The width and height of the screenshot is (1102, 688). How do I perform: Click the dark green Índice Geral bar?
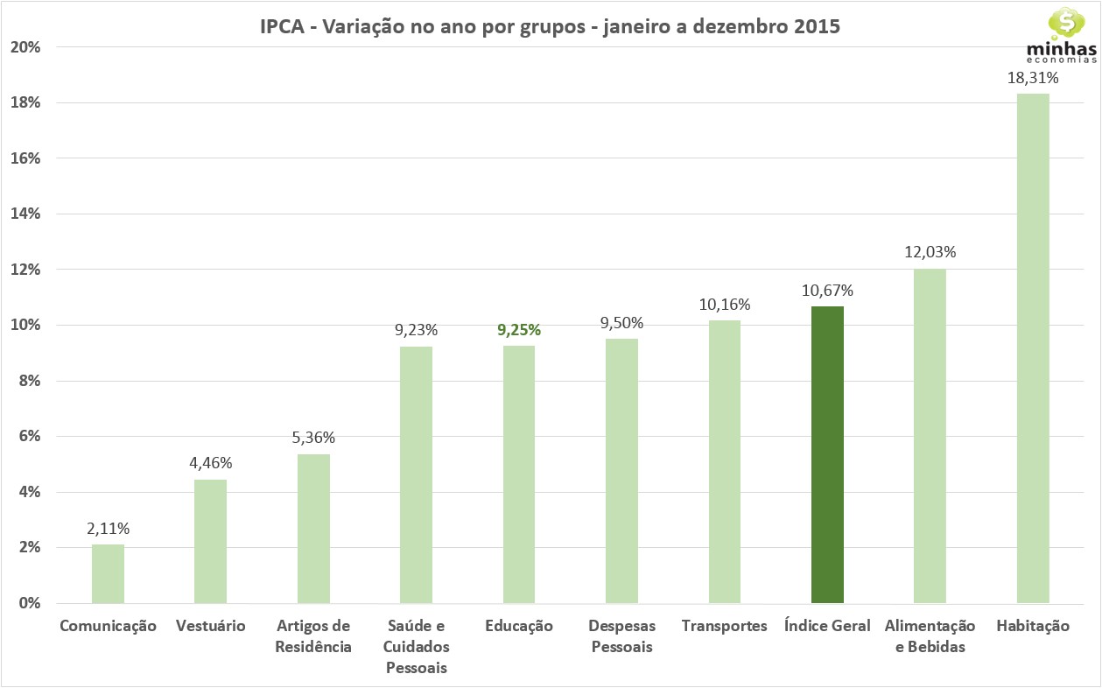pyautogui.click(x=827, y=454)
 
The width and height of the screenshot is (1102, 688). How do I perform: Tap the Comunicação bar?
pyautogui.click(x=109, y=573)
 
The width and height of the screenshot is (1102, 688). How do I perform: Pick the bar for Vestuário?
pyautogui.click(x=211, y=541)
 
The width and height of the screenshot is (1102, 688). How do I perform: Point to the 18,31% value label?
pyautogui.click(x=1033, y=79)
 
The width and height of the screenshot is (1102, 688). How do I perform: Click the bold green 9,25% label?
pyautogui.click(x=519, y=330)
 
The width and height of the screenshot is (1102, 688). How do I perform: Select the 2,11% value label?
pyautogui.click(x=109, y=529)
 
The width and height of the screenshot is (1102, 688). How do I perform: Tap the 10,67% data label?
pyautogui.click(x=827, y=291)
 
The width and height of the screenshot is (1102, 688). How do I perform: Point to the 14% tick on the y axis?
pyautogui.click(x=25, y=214)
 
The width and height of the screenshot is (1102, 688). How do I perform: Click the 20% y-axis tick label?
pyautogui.click(x=25, y=47)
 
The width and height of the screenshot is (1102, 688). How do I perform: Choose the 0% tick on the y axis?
pyautogui.click(x=28, y=603)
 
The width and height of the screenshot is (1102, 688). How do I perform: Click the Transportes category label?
pyautogui.click(x=724, y=626)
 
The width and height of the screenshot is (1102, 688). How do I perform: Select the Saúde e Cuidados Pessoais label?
pyautogui.click(x=416, y=647)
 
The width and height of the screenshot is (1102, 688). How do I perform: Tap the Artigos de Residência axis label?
pyautogui.click(x=313, y=636)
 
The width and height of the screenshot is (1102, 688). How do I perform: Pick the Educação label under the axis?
pyautogui.click(x=519, y=626)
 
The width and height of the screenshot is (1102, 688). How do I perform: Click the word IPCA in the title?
pyautogui.click(x=283, y=26)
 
